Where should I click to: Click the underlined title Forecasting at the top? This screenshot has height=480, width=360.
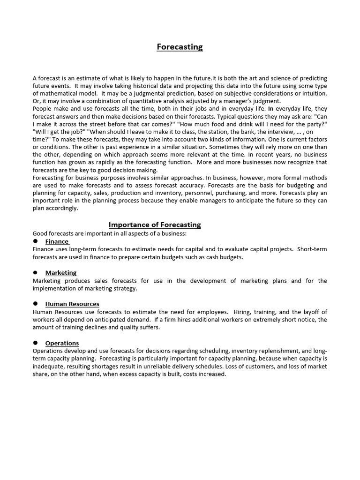(x=180, y=47)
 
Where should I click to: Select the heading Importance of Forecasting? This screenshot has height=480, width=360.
(x=155, y=225)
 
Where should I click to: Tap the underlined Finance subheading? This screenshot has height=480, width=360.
(x=57, y=241)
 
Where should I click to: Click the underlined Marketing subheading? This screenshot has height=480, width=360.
(x=61, y=272)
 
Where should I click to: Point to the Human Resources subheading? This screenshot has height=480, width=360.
(x=72, y=304)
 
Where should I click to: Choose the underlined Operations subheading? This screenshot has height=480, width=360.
(x=62, y=343)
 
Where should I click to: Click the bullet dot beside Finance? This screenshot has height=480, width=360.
(x=35, y=241)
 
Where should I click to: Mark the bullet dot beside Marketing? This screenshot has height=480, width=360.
(x=35, y=272)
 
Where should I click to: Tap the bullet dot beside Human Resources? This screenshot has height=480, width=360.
(x=35, y=304)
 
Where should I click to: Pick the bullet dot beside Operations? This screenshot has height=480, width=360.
(x=35, y=343)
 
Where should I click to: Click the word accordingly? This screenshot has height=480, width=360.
(x=61, y=208)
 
